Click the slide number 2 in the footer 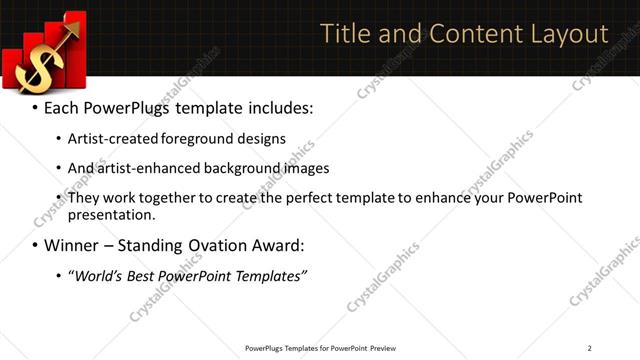(x=590, y=348)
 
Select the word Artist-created (x=111, y=139)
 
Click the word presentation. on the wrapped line (x=113, y=214)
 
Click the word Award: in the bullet (x=280, y=245)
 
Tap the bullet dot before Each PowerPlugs (x=34, y=107)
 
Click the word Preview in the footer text (x=383, y=348)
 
